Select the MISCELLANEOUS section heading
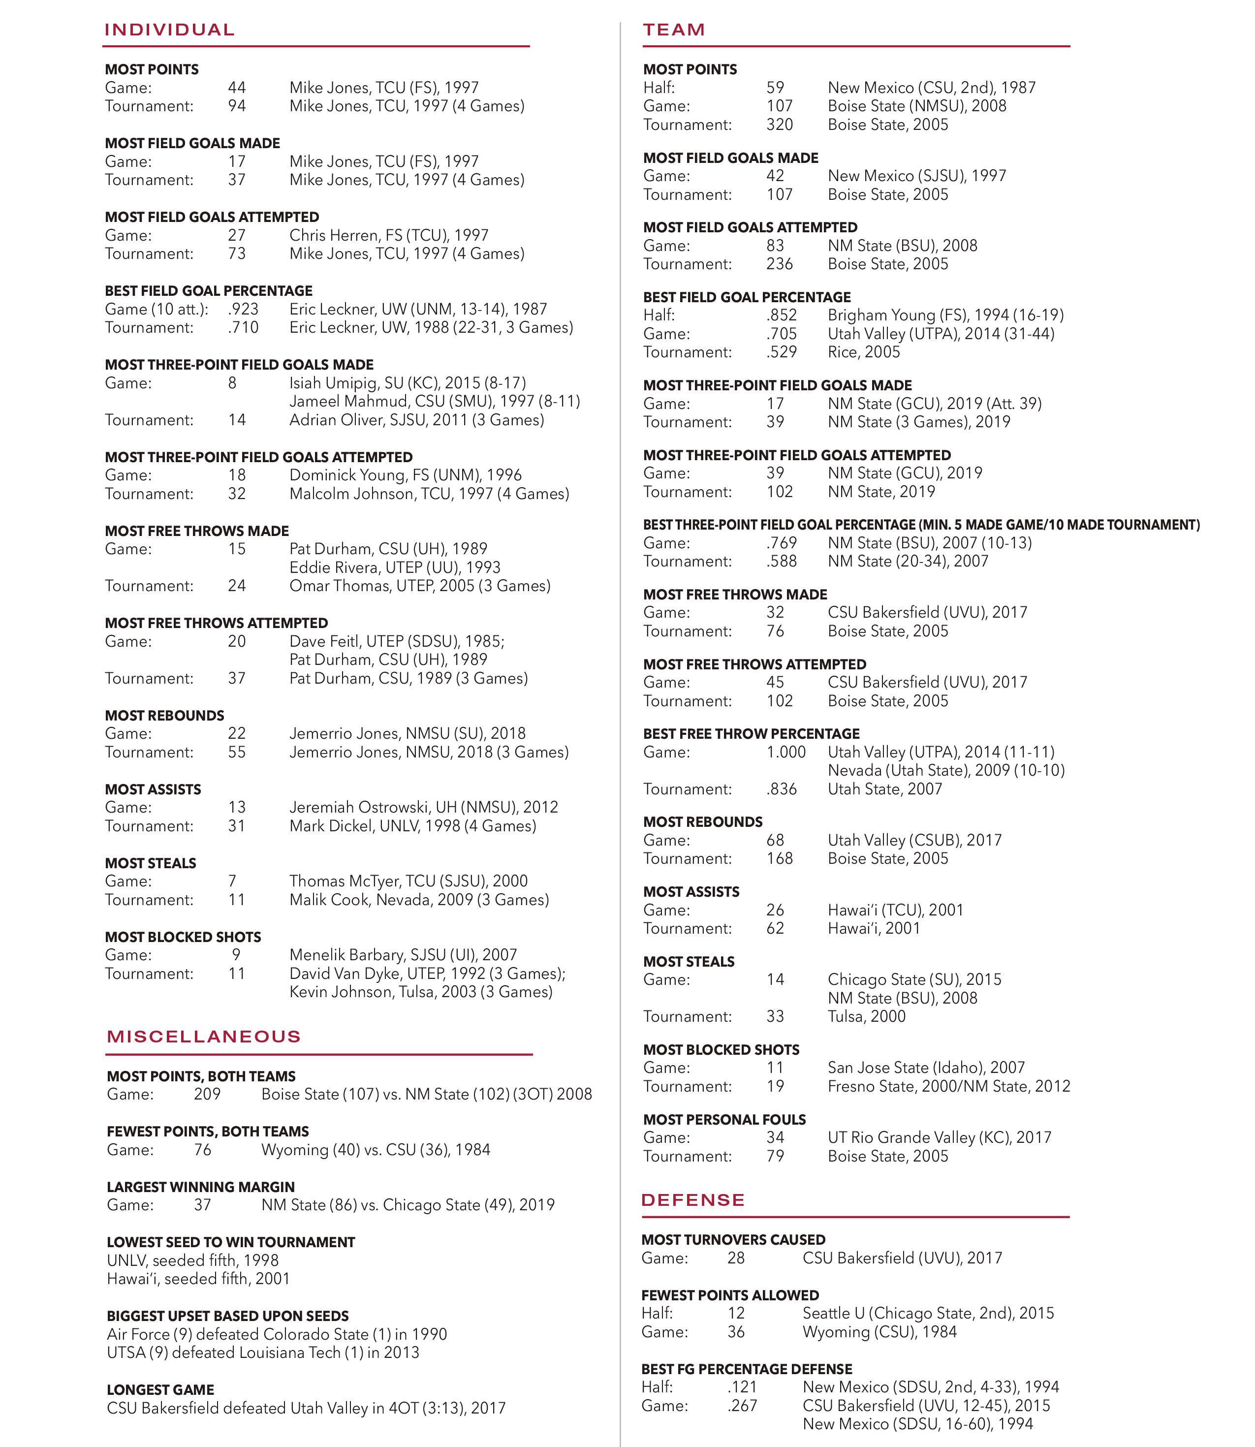tap(204, 1037)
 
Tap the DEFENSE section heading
tap(692, 1200)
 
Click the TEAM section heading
tap(674, 30)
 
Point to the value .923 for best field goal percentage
tap(243, 309)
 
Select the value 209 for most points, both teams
tap(207, 1094)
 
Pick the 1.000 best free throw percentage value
tap(786, 752)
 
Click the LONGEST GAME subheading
tap(160, 1389)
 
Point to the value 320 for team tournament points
tap(780, 125)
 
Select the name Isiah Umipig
tap(334, 383)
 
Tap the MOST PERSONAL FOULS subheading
tap(724, 1119)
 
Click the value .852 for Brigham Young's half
tap(782, 315)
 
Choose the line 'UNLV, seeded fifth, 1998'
tap(192, 1260)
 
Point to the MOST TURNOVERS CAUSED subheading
tap(733, 1240)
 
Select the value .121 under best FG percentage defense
tap(742, 1387)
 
